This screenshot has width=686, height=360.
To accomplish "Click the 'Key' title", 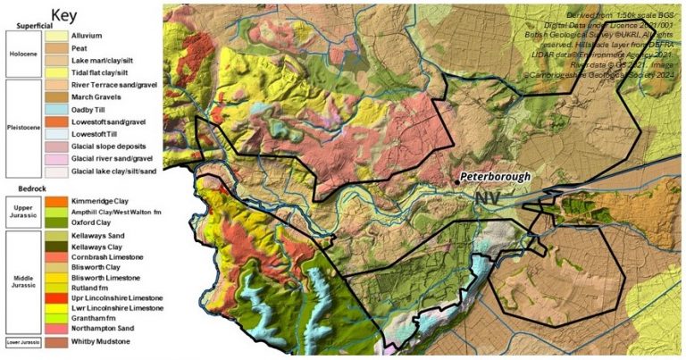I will pyautogui.click(x=63, y=15).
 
